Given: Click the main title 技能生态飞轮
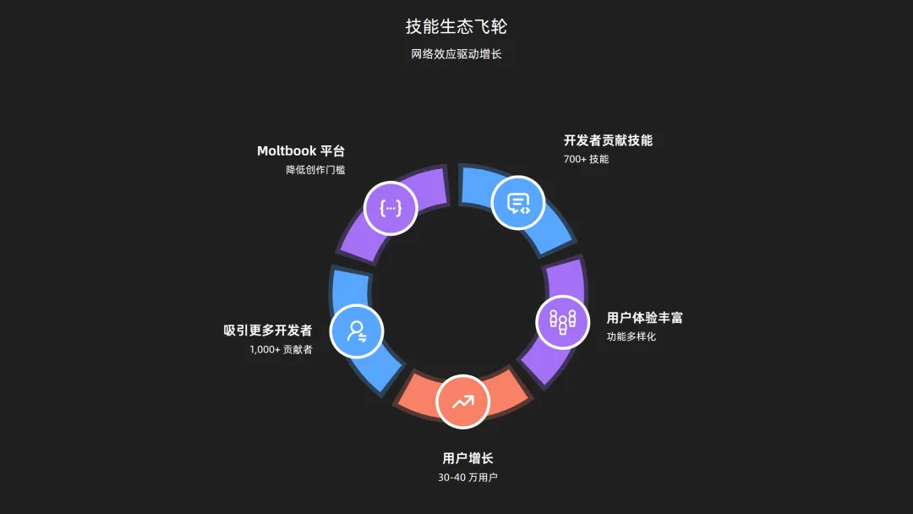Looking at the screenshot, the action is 456,26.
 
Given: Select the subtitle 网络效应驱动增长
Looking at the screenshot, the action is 456,54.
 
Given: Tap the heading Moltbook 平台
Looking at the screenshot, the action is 301,151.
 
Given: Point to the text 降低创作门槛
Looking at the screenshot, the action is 315,170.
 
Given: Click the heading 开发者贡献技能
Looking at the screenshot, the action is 608,140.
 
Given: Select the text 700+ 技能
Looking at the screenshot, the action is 586,159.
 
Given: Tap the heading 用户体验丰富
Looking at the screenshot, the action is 645,318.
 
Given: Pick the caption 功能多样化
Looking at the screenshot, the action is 631,336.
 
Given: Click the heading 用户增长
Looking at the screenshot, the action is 467,458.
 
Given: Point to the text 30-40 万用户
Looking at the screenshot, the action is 467,478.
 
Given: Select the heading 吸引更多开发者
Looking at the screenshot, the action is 268,331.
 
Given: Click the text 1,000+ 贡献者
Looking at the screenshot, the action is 281,349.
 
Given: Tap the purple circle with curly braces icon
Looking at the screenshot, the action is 391,207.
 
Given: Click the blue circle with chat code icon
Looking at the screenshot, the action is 517,203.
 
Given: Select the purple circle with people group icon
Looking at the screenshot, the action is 563,322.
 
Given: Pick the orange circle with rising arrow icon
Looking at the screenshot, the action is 462,402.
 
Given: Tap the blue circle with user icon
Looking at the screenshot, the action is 357,331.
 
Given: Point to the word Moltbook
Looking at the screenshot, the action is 287,151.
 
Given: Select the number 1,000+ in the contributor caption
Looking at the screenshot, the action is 265,349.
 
